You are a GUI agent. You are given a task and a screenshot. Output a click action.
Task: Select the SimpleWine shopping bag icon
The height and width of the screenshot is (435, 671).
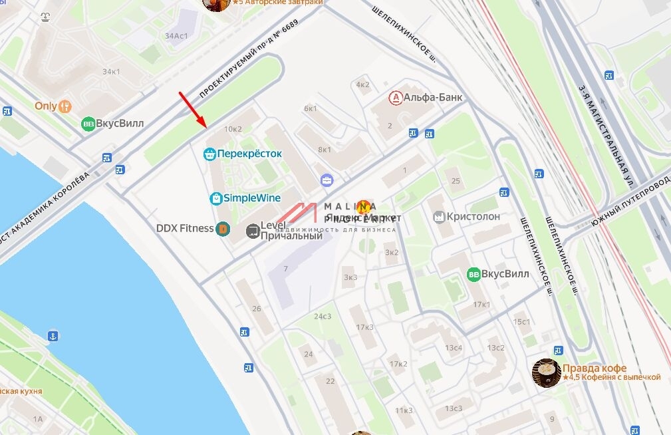216,198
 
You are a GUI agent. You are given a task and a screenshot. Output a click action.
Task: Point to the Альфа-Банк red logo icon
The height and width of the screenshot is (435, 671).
396,98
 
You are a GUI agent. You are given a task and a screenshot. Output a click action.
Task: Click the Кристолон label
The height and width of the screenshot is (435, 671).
473,217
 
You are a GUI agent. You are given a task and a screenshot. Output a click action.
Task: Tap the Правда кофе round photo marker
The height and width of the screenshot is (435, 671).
547,372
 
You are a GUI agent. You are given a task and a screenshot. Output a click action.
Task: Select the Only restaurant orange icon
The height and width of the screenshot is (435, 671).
65,106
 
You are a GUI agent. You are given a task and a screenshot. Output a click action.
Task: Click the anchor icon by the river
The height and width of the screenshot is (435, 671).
54,336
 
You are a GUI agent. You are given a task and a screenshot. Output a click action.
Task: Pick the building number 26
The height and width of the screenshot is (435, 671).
257,309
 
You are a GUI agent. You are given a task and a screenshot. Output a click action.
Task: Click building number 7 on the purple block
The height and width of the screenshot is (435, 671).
285,269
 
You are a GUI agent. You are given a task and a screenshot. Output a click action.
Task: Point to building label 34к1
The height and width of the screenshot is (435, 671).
111,71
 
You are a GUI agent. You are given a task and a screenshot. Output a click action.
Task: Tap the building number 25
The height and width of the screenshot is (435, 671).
456,181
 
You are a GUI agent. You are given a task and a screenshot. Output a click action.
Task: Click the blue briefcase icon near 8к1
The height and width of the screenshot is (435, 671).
327,180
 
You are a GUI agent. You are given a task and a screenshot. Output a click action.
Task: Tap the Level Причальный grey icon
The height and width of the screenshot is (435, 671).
252,231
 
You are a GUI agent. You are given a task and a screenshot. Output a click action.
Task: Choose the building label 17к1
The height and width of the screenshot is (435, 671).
481,305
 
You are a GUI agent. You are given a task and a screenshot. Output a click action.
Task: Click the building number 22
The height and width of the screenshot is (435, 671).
330,381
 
